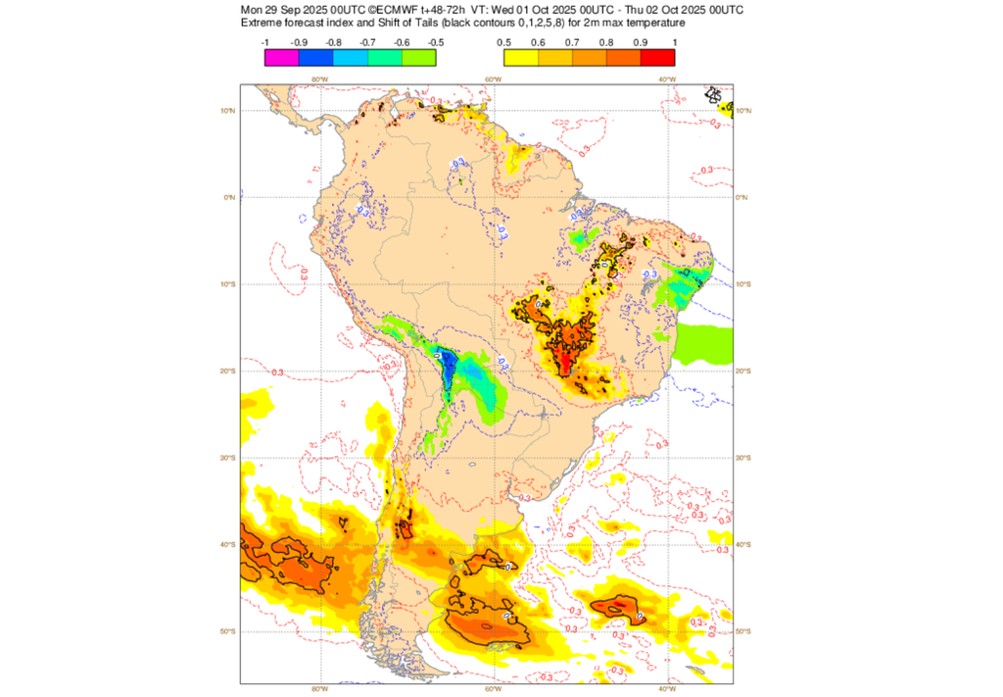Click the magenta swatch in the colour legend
(x=281, y=57)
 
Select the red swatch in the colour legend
(x=657, y=57)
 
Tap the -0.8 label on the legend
(x=333, y=42)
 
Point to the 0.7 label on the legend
(x=571, y=42)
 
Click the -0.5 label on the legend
(x=436, y=42)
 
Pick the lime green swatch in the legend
(x=418, y=57)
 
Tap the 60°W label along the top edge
(x=493, y=79)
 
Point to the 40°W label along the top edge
(x=666, y=79)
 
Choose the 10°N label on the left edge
(x=228, y=111)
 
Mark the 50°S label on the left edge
(x=228, y=631)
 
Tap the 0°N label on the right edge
(x=741, y=197)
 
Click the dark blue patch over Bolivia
(x=448, y=371)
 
